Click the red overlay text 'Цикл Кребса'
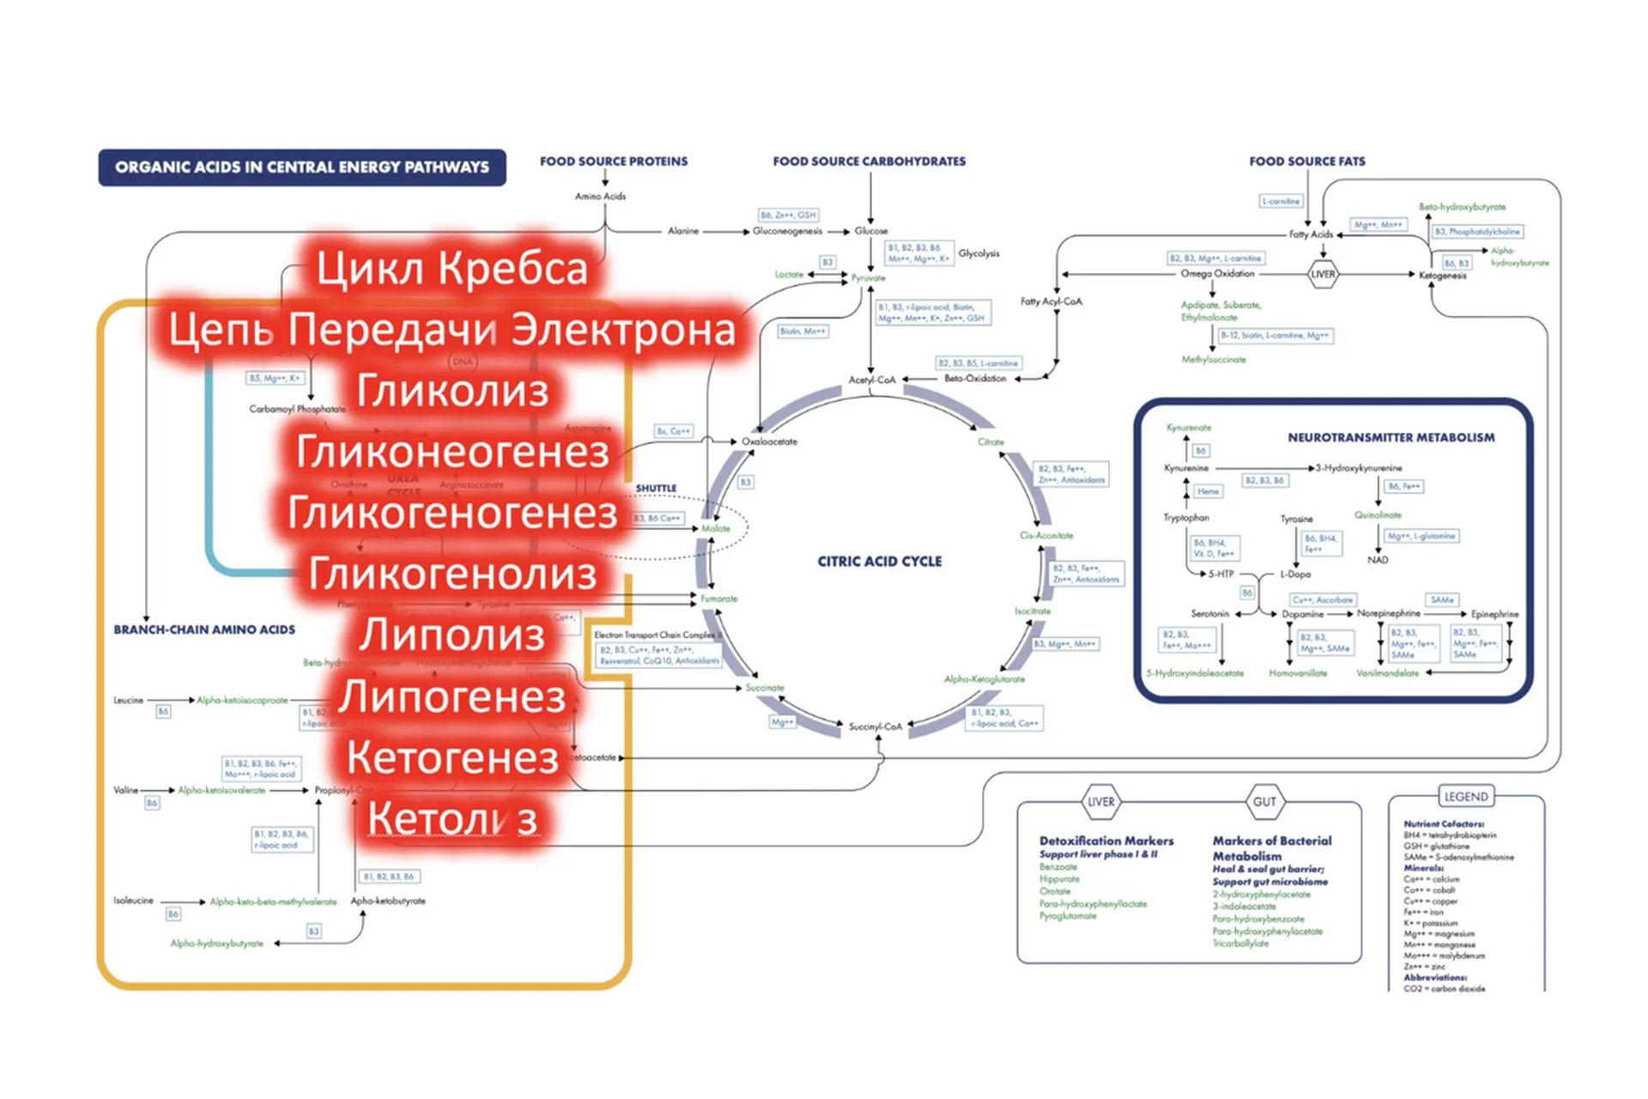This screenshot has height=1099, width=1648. (x=451, y=268)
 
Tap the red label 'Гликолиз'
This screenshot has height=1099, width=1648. (x=451, y=391)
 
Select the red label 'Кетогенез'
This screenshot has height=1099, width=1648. (x=451, y=758)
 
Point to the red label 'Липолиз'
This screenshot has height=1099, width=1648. (x=451, y=635)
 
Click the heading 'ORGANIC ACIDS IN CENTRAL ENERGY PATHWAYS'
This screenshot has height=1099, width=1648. (x=302, y=167)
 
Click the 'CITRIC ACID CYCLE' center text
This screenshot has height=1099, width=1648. (x=879, y=562)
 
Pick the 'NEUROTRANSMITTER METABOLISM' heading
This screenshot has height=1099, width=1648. (x=1390, y=438)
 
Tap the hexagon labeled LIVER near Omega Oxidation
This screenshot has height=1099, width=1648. (x=1323, y=275)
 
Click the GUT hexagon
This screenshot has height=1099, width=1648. (x=1264, y=802)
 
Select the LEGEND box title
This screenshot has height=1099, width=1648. (x=1466, y=797)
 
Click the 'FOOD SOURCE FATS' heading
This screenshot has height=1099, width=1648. (x=1306, y=161)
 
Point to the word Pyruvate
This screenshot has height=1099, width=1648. (x=868, y=278)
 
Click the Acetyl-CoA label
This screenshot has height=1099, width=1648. (x=871, y=379)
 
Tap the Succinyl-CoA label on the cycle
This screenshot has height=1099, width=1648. (x=875, y=726)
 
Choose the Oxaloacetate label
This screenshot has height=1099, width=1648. (x=769, y=441)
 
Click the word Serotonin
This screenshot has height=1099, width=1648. (x=1209, y=614)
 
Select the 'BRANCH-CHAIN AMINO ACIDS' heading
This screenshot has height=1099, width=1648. (x=204, y=629)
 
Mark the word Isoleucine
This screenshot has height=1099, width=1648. (x=133, y=901)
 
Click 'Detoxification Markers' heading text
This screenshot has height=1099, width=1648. (x=1106, y=841)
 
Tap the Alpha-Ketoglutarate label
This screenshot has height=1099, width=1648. (x=984, y=679)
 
